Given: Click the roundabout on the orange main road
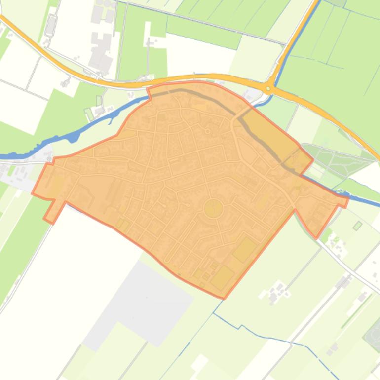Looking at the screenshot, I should pos(268,89).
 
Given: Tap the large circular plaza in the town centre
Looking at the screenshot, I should pos(213,194).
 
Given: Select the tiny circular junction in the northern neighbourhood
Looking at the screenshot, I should pos(208,131).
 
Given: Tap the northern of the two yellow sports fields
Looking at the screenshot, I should pos(244,249).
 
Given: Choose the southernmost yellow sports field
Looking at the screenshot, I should pos(223,277).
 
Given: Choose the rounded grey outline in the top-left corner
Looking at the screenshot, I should pos(50,25).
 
